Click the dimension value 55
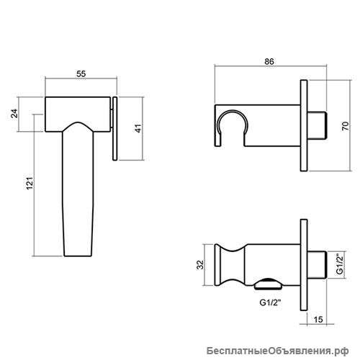(81, 73)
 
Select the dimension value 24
(15, 113)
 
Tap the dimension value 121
(30, 184)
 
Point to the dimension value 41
(138, 128)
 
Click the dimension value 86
(269, 61)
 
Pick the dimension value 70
(346, 126)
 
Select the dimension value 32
(200, 265)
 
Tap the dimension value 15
(318, 320)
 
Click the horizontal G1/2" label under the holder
(270, 302)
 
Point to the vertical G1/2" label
(340, 264)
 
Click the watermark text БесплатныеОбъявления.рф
(278, 351)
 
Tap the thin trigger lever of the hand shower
(115, 128)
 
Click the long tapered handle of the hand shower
(78, 192)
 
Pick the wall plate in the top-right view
(304, 125)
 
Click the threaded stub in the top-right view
(317, 125)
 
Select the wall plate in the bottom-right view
(304, 265)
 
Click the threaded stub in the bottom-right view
(317, 265)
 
